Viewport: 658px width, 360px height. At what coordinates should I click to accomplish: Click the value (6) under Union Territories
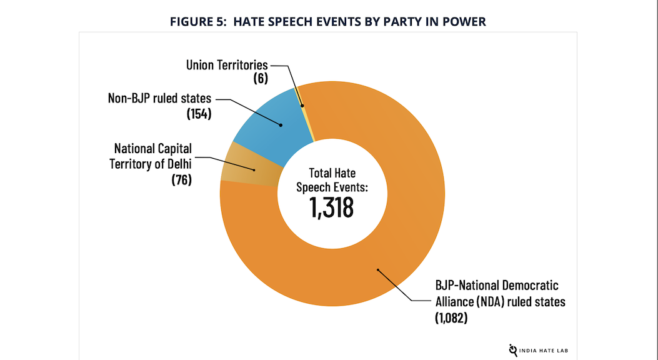[x=261, y=79]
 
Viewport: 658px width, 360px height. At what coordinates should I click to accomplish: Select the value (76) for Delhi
[x=181, y=180]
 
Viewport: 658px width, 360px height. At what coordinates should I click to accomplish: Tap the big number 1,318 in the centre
[x=332, y=207]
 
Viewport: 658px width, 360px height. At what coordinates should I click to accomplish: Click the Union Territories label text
[x=227, y=65]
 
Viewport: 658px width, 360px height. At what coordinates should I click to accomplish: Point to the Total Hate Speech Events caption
[x=332, y=180]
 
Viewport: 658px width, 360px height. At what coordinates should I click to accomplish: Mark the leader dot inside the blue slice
[x=281, y=125]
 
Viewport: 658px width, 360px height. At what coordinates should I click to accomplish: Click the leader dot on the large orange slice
[x=377, y=270]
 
